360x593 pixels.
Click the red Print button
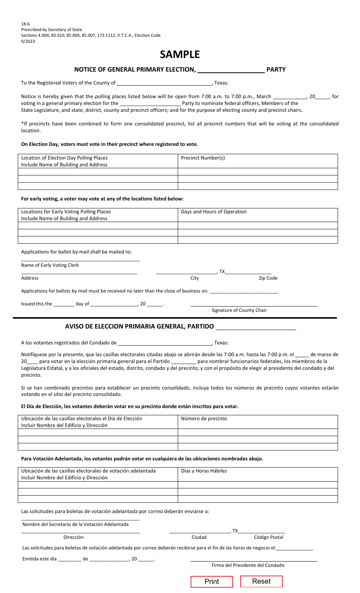point(211,582)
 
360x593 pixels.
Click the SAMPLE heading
point(180,55)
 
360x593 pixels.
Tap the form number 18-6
point(25,24)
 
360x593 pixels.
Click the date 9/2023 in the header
point(28,41)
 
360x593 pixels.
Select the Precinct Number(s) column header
point(203,158)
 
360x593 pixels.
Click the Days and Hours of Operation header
point(214,212)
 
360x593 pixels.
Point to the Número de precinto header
point(204,419)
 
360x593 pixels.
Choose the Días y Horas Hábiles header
point(204,471)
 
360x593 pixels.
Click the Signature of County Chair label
point(239,310)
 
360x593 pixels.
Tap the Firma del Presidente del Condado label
point(248,565)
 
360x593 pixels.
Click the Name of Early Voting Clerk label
point(50,265)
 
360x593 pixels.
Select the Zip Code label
point(268,278)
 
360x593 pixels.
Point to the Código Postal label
point(269,537)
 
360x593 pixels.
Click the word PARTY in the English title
point(276,70)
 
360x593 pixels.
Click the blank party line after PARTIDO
point(256,327)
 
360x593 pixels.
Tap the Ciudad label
point(199,537)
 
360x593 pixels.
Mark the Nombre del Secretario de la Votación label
point(75,524)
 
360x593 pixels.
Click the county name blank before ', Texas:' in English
point(164,83)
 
